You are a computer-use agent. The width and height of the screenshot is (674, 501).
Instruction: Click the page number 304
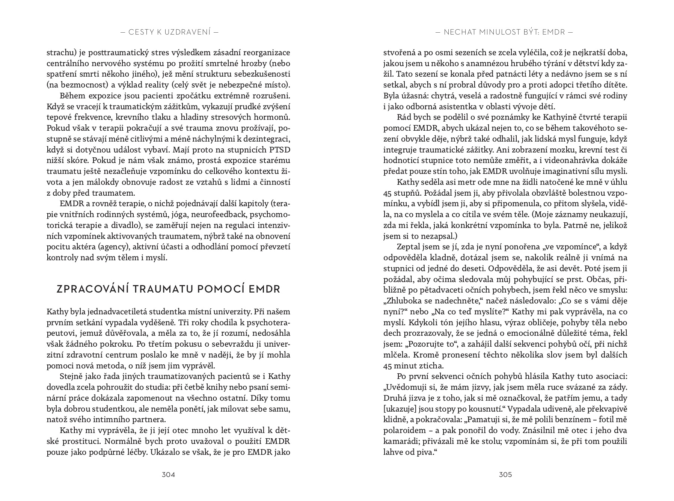168,474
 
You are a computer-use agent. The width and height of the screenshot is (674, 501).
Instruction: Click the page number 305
505,474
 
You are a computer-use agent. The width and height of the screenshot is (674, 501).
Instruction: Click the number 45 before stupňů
388,193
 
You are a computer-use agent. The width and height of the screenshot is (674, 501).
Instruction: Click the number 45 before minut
388,365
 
